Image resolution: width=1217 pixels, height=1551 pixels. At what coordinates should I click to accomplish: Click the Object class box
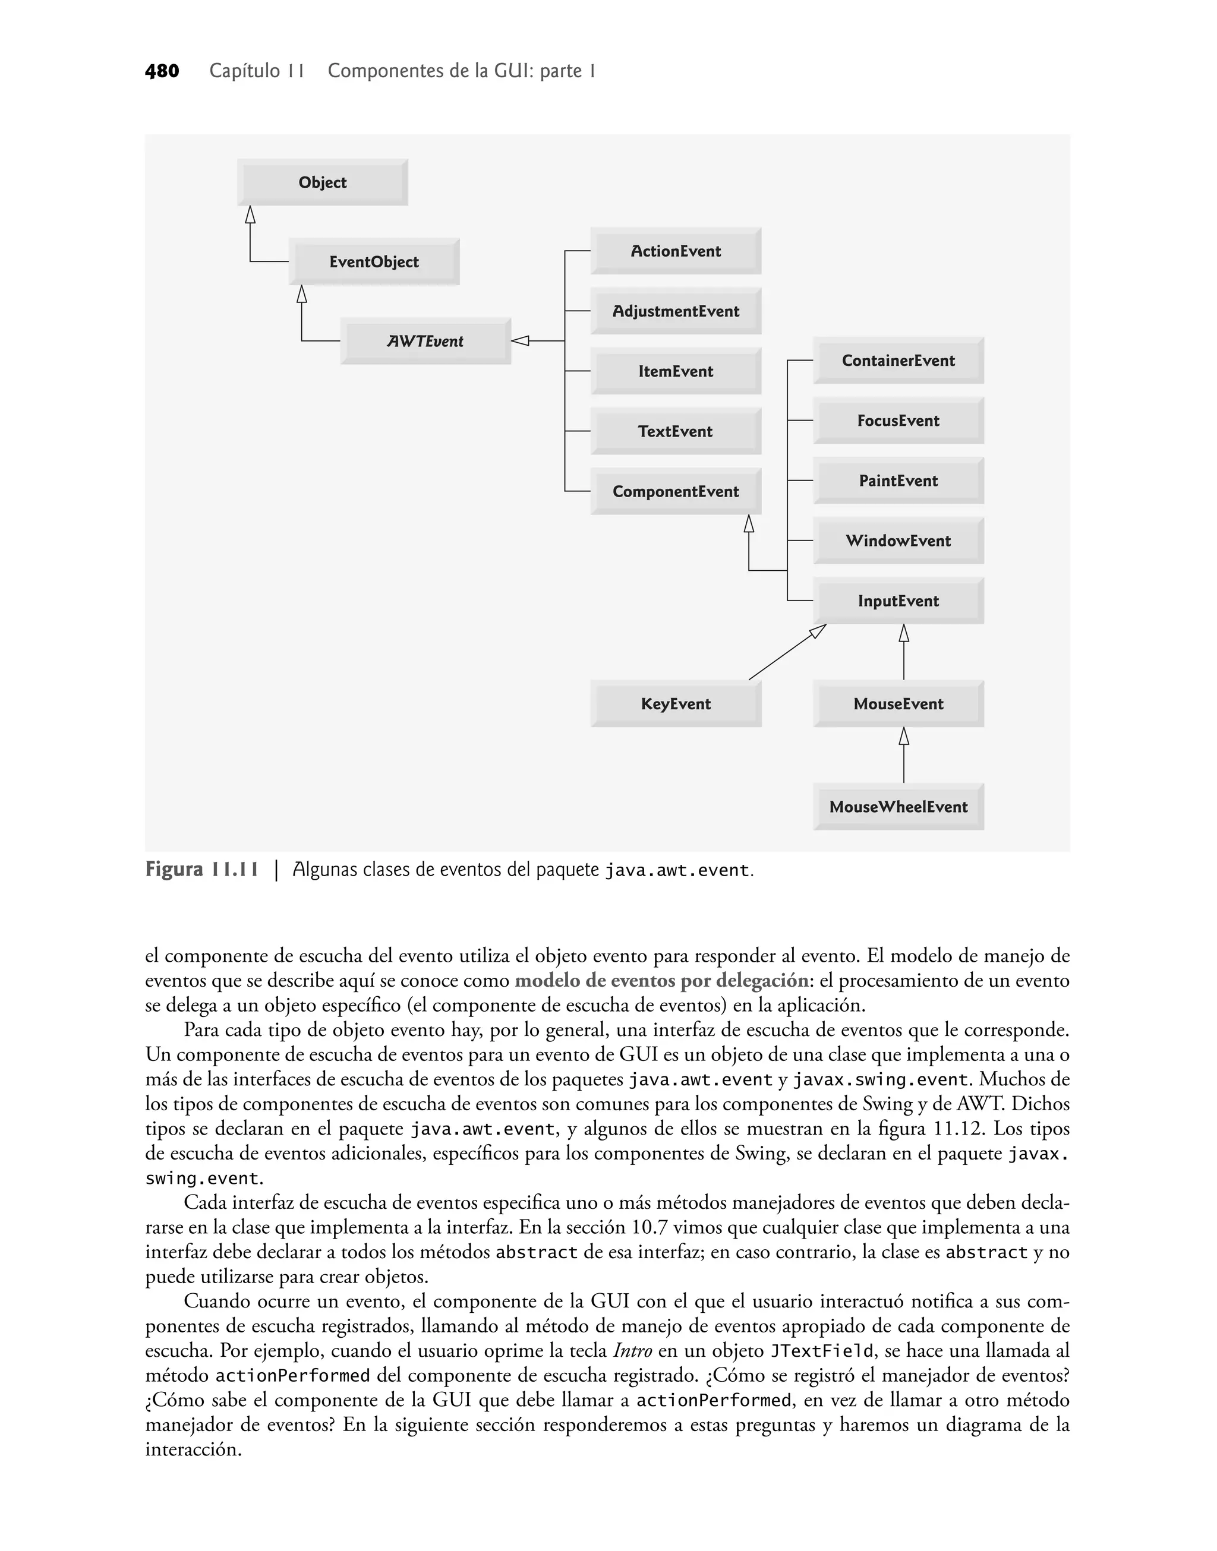[322, 182]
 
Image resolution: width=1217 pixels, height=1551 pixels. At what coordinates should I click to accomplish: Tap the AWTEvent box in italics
[425, 341]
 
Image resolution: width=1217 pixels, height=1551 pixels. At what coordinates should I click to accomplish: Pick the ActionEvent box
[676, 251]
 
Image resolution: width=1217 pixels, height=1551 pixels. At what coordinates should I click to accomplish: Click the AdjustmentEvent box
[676, 311]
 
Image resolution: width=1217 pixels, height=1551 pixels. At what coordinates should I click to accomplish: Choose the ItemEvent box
[676, 371]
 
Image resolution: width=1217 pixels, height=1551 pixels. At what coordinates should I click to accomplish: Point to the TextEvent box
[676, 431]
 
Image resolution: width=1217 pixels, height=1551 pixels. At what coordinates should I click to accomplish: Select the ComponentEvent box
[676, 491]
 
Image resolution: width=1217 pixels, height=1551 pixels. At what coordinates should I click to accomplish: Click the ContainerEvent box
[898, 361]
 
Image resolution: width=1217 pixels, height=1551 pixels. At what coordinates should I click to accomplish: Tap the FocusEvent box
[898, 420]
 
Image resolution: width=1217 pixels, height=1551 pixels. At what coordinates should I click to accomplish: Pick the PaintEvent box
[898, 481]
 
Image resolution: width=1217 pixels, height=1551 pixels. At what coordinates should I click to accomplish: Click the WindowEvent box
[898, 541]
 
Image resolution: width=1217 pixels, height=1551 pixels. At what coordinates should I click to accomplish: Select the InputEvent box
[898, 601]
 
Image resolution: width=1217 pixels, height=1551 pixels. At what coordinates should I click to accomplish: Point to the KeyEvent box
[676, 703]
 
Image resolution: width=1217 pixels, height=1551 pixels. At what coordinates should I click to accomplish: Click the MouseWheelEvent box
[898, 807]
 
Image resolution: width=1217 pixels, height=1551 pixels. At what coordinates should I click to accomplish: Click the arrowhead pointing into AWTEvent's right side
[520, 341]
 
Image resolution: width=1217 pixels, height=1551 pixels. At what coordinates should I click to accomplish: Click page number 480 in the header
[162, 71]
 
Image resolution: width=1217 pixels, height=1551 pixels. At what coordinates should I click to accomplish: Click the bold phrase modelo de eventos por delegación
[661, 981]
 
